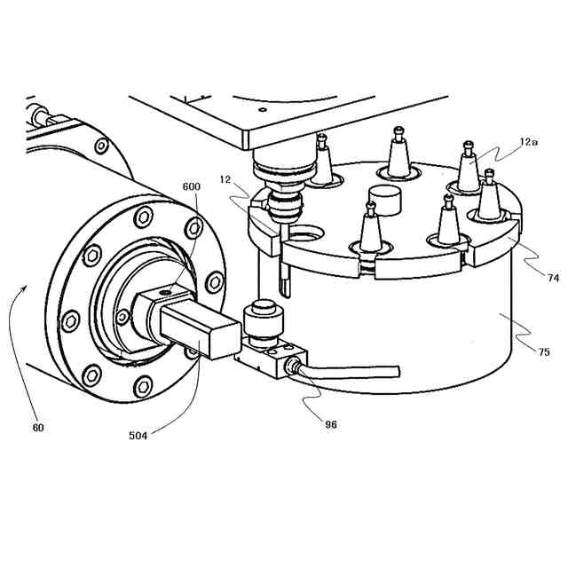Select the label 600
click(x=190, y=186)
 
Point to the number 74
click(x=553, y=278)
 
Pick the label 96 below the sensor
click(x=331, y=424)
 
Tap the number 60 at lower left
click(x=38, y=428)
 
